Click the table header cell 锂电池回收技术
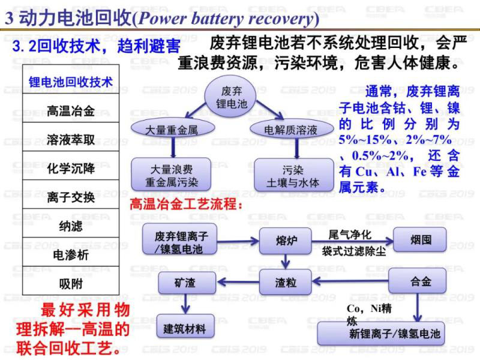click(71, 82)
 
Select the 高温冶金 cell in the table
click(71, 111)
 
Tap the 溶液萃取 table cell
click(71, 140)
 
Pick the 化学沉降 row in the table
click(71, 169)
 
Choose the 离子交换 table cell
click(71, 197)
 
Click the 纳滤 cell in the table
click(71, 226)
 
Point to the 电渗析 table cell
click(71, 254)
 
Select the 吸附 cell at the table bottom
click(71, 283)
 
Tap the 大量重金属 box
click(172, 129)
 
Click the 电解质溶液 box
click(291, 129)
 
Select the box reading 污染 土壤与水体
click(293, 175)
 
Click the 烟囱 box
click(421, 240)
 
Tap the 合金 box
click(421, 281)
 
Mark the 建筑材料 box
click(185, 328)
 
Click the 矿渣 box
click(185, 281)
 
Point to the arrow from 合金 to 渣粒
click(351, 281)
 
